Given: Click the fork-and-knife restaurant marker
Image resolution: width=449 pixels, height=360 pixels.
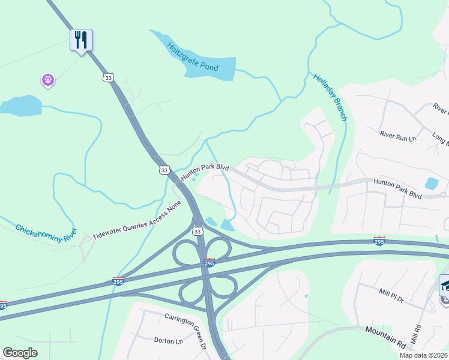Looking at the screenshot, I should [x=81, y=40].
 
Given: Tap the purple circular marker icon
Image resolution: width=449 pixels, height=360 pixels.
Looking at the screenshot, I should [x=48, y=79].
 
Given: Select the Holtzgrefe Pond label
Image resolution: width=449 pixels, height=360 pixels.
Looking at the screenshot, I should [x=193, y=56].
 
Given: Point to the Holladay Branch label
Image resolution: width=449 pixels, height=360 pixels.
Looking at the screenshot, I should [x=330, y=97].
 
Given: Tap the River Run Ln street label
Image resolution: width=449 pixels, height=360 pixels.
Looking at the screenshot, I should [x=397, y=135].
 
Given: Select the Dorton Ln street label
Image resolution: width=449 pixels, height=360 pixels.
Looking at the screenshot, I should [x=168, y=341].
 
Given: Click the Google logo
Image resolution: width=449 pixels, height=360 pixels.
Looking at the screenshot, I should [x=20, y=352].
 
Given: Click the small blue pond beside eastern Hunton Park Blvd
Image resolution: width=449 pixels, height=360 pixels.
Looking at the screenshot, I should [x=431, y=184].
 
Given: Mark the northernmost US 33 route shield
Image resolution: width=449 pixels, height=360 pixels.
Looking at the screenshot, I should [x=108, y=78].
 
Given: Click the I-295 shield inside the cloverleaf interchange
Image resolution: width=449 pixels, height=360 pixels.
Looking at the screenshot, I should [x=209, y=263].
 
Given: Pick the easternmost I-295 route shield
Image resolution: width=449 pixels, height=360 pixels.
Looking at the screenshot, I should [x=379, y=241].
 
